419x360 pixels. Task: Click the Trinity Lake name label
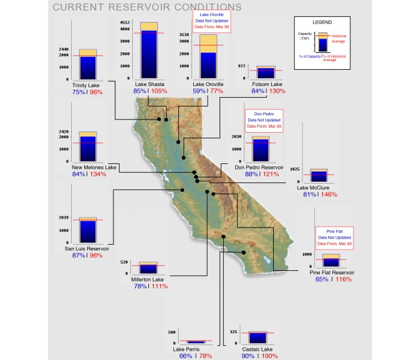pos(87,85)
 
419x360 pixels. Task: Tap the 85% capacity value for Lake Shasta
pos(140,91)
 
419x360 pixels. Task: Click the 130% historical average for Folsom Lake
pos(277,91)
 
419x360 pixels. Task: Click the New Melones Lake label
pos(94,168)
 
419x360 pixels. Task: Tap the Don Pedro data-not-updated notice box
pos(264,120)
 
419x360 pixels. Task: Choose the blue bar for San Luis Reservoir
pos(87,231)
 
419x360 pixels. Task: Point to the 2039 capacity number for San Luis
pos(64,218)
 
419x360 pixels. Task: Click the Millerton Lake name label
pos(147,279)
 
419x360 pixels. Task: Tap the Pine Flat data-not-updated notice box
pos(334,237)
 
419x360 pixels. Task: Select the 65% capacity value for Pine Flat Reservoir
pos(322,280)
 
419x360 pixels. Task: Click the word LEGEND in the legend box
pos(320,22)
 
